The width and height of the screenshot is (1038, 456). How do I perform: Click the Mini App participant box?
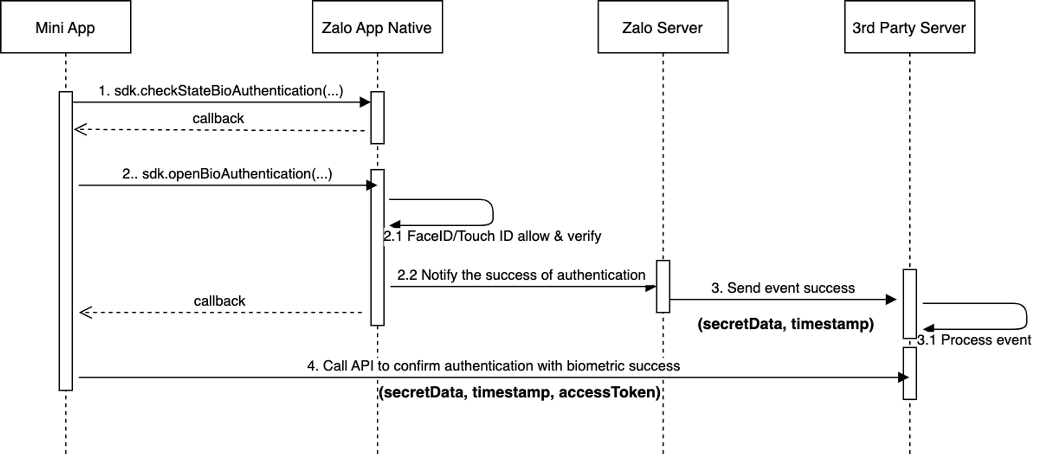coord(65,27)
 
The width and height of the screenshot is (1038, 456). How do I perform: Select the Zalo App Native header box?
coord(377,27)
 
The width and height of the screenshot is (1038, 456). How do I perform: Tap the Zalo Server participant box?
coord(662,27)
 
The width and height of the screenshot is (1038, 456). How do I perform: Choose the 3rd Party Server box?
coord(909,27)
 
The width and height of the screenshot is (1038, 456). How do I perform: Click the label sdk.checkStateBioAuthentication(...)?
coord(221,91)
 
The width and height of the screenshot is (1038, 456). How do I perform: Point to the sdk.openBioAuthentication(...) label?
coord(227,174)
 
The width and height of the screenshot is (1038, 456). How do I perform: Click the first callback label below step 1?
coord(218,118)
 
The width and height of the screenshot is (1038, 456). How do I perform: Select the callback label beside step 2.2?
coord(219,301)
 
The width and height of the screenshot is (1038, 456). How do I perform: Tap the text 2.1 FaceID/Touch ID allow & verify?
coord(492,236)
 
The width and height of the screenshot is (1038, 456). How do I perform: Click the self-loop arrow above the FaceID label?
coord(492,212)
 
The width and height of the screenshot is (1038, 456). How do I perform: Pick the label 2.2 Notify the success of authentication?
coord(521,275)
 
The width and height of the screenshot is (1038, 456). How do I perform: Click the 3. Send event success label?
coord(783,288)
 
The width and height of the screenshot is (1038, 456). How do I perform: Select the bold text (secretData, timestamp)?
coord(785,324)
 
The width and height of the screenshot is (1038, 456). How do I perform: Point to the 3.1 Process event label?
coord(974,340)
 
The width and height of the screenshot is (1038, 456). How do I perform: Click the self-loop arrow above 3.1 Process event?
coord(1026,316)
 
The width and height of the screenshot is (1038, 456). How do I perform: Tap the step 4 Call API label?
coord(493,366)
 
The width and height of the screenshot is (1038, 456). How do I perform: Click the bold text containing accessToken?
coord(519,392)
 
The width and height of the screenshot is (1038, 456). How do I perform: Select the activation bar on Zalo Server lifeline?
coord(663,286)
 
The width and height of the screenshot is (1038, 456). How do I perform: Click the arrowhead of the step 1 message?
coord(365,102)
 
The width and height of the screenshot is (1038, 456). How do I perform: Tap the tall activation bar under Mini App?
coord(65,241)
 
